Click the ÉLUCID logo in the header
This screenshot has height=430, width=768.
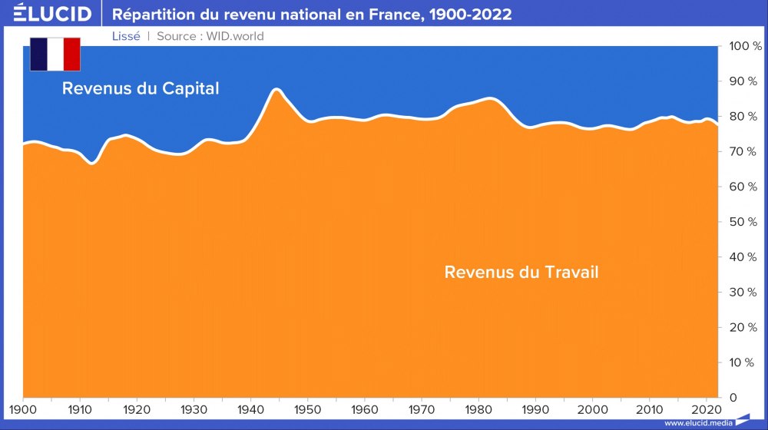pos(52,14)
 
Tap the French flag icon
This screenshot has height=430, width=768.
pos(55,54)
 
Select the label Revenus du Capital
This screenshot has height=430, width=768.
pos(141,88)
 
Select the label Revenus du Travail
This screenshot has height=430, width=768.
pos(521,272)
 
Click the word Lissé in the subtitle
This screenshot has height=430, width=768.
pos(126,36)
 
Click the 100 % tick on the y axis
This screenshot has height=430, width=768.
pos(743,47)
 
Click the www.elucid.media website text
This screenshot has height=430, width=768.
pos(697,423)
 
